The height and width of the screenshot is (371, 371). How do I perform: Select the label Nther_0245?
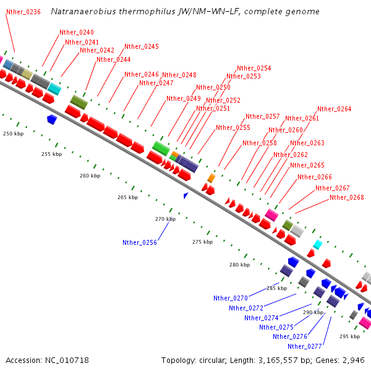pos(142,46)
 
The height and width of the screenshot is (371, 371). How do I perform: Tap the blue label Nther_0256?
pos(140,242)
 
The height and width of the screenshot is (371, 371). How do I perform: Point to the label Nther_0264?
pos(334,109)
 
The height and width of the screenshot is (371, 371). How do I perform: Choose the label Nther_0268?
pos(346,197)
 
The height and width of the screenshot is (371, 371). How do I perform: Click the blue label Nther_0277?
pos(305,346)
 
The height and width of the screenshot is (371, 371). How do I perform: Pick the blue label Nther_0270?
pos(231,298)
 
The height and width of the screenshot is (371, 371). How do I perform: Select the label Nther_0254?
pos(254,68)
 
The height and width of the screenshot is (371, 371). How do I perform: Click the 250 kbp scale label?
pos(13,134)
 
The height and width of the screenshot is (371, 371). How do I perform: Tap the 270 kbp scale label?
pos(165,219)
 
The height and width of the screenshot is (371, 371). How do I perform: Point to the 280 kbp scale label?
pos(239,265)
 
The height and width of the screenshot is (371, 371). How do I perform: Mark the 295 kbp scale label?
pos(349,336)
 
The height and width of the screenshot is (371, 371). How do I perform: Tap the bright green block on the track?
pos(161,147)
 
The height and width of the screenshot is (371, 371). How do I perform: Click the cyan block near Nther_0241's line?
pos(54,88)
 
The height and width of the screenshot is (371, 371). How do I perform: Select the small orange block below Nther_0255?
pos(211,178)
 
